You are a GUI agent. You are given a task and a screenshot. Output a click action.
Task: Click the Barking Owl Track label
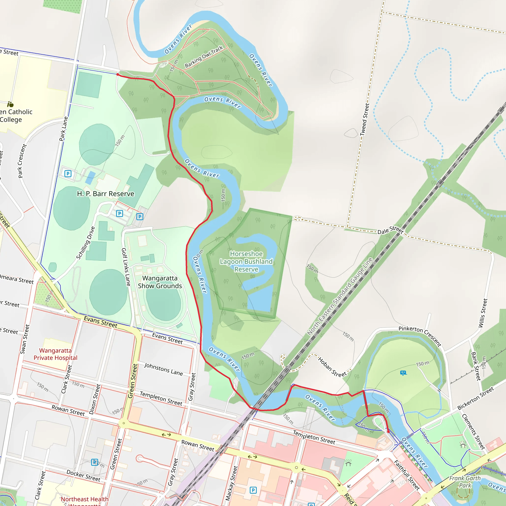204,57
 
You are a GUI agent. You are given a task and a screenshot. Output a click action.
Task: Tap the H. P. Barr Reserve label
105,194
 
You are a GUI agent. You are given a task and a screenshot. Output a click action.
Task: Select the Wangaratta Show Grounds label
160,282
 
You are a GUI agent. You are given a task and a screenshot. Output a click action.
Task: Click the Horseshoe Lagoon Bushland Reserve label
246,261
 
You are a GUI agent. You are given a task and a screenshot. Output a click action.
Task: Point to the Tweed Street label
365,119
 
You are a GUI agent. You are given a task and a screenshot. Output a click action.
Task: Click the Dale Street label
390,230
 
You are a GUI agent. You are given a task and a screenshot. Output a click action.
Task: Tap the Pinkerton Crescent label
420,336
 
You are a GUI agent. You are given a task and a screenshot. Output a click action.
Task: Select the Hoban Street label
332,367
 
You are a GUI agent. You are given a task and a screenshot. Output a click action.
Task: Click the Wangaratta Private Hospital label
55,354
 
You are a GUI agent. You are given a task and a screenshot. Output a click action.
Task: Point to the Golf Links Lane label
126,267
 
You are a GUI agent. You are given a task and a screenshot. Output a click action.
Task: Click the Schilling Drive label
85,243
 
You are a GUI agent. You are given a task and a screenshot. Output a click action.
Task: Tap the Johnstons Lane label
163,369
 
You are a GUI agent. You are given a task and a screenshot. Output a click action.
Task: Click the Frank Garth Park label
465,482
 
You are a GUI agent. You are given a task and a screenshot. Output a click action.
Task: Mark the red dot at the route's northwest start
118,75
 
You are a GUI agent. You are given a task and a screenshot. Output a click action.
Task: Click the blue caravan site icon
403,373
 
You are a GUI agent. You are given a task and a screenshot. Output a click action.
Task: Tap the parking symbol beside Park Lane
68,173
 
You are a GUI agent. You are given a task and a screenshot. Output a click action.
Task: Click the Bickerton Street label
475,398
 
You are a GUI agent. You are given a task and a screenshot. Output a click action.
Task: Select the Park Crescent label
22,161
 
